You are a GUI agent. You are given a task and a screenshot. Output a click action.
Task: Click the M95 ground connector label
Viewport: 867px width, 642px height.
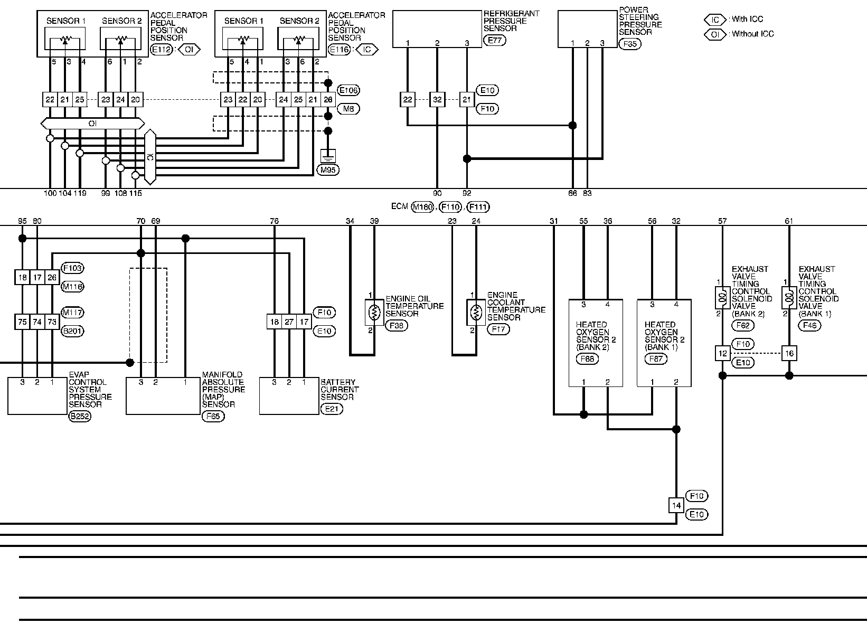click(328, 169)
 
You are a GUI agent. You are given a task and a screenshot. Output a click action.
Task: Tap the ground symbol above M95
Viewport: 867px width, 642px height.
click(328, 156)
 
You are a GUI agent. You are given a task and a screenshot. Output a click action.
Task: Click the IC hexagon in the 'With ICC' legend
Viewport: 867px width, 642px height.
click(715, 20)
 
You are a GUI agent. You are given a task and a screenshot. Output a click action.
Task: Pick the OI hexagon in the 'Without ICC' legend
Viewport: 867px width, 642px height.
click(715, 35)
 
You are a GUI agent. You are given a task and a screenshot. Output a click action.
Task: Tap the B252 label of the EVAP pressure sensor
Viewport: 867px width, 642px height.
click(80, 416)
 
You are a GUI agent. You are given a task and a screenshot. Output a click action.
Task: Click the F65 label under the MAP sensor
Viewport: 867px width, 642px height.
click(213, 416)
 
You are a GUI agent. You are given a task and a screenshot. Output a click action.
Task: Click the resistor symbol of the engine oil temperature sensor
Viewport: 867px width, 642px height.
click(374, 313)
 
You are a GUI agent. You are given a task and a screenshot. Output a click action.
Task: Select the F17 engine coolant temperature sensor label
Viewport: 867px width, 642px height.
click(498, 329)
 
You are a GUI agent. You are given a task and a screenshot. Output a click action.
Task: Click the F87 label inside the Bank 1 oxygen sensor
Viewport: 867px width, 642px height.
click(656, 359)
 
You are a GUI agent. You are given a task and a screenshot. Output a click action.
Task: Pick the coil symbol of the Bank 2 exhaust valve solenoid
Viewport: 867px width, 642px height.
click(722, 298)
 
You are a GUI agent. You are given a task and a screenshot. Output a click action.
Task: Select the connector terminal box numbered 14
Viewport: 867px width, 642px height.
click(676, 505)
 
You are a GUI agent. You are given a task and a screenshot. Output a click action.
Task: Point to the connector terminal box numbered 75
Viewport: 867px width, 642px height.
click(22, 322)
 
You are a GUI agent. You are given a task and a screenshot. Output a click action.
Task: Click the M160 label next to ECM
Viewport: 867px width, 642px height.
click(422, 207)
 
